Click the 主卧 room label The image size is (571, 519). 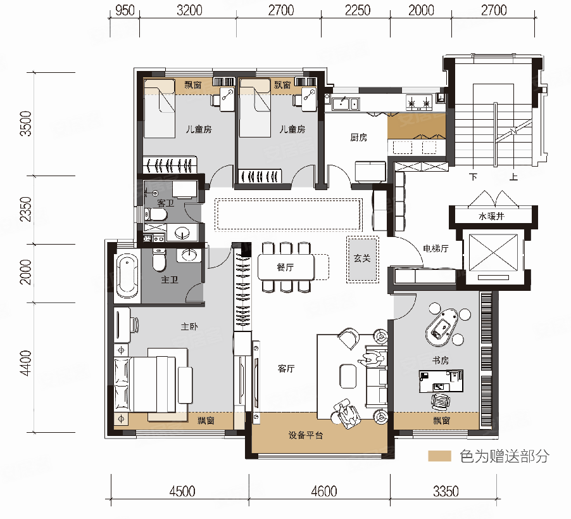(189, 326)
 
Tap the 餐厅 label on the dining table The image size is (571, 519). (285, 267)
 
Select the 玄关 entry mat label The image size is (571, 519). (362, 259)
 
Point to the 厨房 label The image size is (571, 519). (358, 138)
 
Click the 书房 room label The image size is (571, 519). (440, 361)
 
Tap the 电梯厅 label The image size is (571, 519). (436, 248)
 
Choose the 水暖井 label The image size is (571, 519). (491, 217)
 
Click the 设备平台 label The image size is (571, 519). (306, 435)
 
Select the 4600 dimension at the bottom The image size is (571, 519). (323, 492)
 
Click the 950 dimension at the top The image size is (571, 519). (125, 11)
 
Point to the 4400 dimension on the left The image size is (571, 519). (26, 363)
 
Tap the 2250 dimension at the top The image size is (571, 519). (358, 11)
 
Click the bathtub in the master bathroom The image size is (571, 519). (127, 275)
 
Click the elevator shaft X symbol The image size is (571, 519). (493, 253)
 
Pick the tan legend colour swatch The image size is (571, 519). (439, 456)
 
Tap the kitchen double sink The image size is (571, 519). (345, 103)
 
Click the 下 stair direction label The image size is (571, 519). (473, 177)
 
